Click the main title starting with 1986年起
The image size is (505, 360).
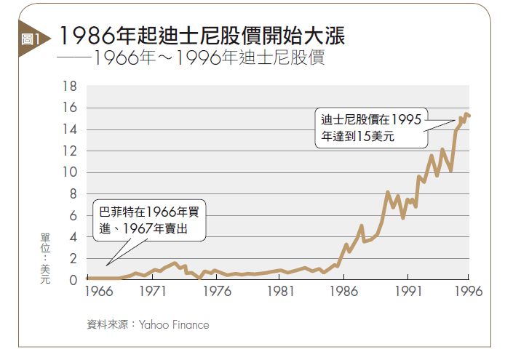click(202, 35)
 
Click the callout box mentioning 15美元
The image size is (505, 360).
click(369, 128)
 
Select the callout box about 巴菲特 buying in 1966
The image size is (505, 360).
click(151, 220)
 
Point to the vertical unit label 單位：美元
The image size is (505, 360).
click(44, 259)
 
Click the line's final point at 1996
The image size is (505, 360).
click(469, 115)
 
